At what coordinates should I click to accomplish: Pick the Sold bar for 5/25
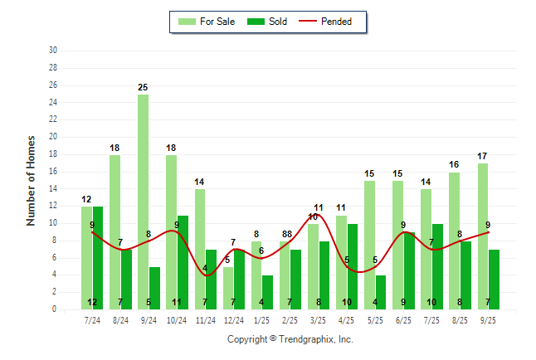pos(381,292)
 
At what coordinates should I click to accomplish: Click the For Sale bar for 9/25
pos(483,236)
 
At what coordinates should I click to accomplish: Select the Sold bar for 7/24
pos(98,258)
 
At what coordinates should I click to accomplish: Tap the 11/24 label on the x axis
pos(205,319)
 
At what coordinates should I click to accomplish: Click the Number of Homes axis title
pos(32,180)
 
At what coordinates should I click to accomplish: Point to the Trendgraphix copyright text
pos(290,339)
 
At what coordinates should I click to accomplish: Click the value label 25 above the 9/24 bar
pos(144,87)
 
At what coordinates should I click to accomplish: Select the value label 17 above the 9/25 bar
pos(483,156)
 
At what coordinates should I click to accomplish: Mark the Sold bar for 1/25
pos(267,292)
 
